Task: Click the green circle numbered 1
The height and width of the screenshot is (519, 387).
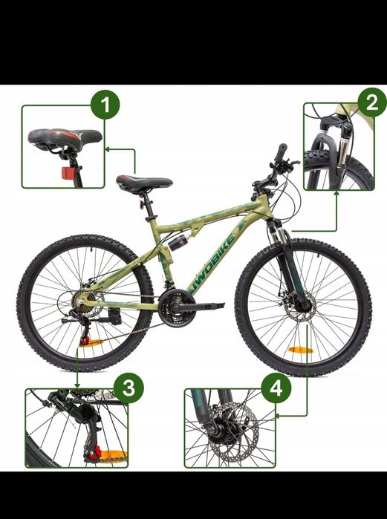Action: point(105,105)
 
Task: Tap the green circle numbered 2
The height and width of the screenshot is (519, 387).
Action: point(372,102)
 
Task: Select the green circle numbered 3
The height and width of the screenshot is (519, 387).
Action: point(129,388)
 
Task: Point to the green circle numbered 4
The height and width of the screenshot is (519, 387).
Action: point(276,388)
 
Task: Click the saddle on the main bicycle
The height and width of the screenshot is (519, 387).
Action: point(144,183)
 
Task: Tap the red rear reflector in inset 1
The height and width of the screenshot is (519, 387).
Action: point(67,173)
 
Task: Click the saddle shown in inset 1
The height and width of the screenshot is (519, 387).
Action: point(65,137)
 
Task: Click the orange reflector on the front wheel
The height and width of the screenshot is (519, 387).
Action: point(301,350)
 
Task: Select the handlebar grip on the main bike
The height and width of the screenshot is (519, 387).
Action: point(282,151)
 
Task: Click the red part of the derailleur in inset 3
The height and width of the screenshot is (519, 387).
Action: point(97,451)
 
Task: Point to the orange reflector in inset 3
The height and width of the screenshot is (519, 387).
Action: point(114,456)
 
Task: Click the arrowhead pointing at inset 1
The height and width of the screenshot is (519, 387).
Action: point(107,149)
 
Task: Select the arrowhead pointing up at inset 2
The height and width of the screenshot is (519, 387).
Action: point(337,193)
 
